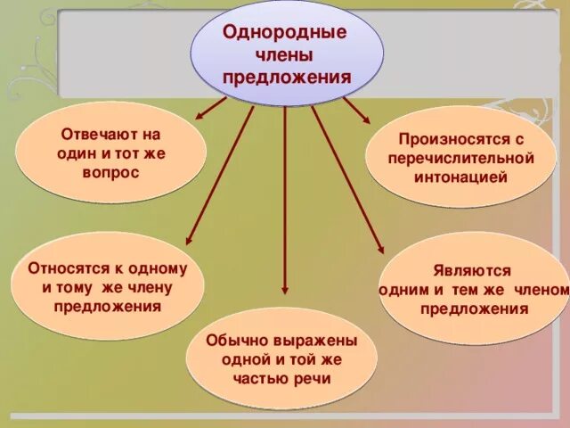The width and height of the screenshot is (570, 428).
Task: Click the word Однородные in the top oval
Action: point(284,32)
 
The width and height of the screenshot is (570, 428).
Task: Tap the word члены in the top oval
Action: point(284,54)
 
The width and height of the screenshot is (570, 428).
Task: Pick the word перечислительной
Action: point(460,158)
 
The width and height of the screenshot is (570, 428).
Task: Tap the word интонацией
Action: point(460,177)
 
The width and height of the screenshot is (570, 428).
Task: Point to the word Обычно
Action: point(234,341)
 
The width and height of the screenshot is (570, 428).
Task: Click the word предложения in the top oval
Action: point(287,77)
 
